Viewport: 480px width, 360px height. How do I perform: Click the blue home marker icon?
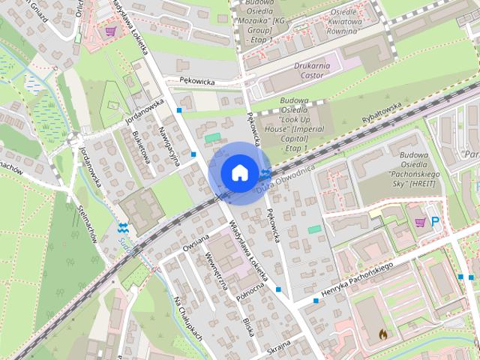238,172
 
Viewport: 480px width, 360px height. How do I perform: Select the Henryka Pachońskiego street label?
358,277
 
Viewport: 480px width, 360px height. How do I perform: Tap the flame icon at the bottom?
382,333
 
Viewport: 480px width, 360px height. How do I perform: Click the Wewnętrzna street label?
216,274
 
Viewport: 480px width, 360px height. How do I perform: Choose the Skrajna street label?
278,346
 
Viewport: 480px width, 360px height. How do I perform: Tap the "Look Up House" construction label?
300,129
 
